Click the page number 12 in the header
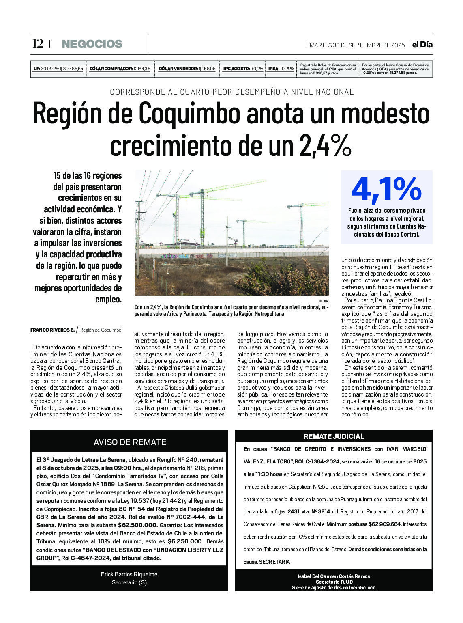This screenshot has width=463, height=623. (38, 44)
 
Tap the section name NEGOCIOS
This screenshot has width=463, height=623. (92, 44)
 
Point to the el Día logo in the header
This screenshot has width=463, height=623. (422, 45)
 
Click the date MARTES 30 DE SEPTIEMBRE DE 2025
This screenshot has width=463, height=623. (357, 45)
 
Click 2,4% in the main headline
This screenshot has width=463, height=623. (325, 146)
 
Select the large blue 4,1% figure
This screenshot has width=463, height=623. (386, 189)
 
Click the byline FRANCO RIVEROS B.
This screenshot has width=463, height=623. (52, 330)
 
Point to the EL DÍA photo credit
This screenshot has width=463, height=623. (324, 301)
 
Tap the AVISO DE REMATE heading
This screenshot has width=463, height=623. (130, 442)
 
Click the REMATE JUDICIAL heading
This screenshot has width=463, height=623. (334, 436)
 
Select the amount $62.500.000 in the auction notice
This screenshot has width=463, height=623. (138, 525)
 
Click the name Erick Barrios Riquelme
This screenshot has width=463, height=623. (130, 574)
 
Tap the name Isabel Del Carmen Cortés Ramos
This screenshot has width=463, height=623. (334, 576)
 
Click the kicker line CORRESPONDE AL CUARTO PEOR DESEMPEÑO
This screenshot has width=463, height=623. (231, 92)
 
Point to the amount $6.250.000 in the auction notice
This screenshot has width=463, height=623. (185, 541)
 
